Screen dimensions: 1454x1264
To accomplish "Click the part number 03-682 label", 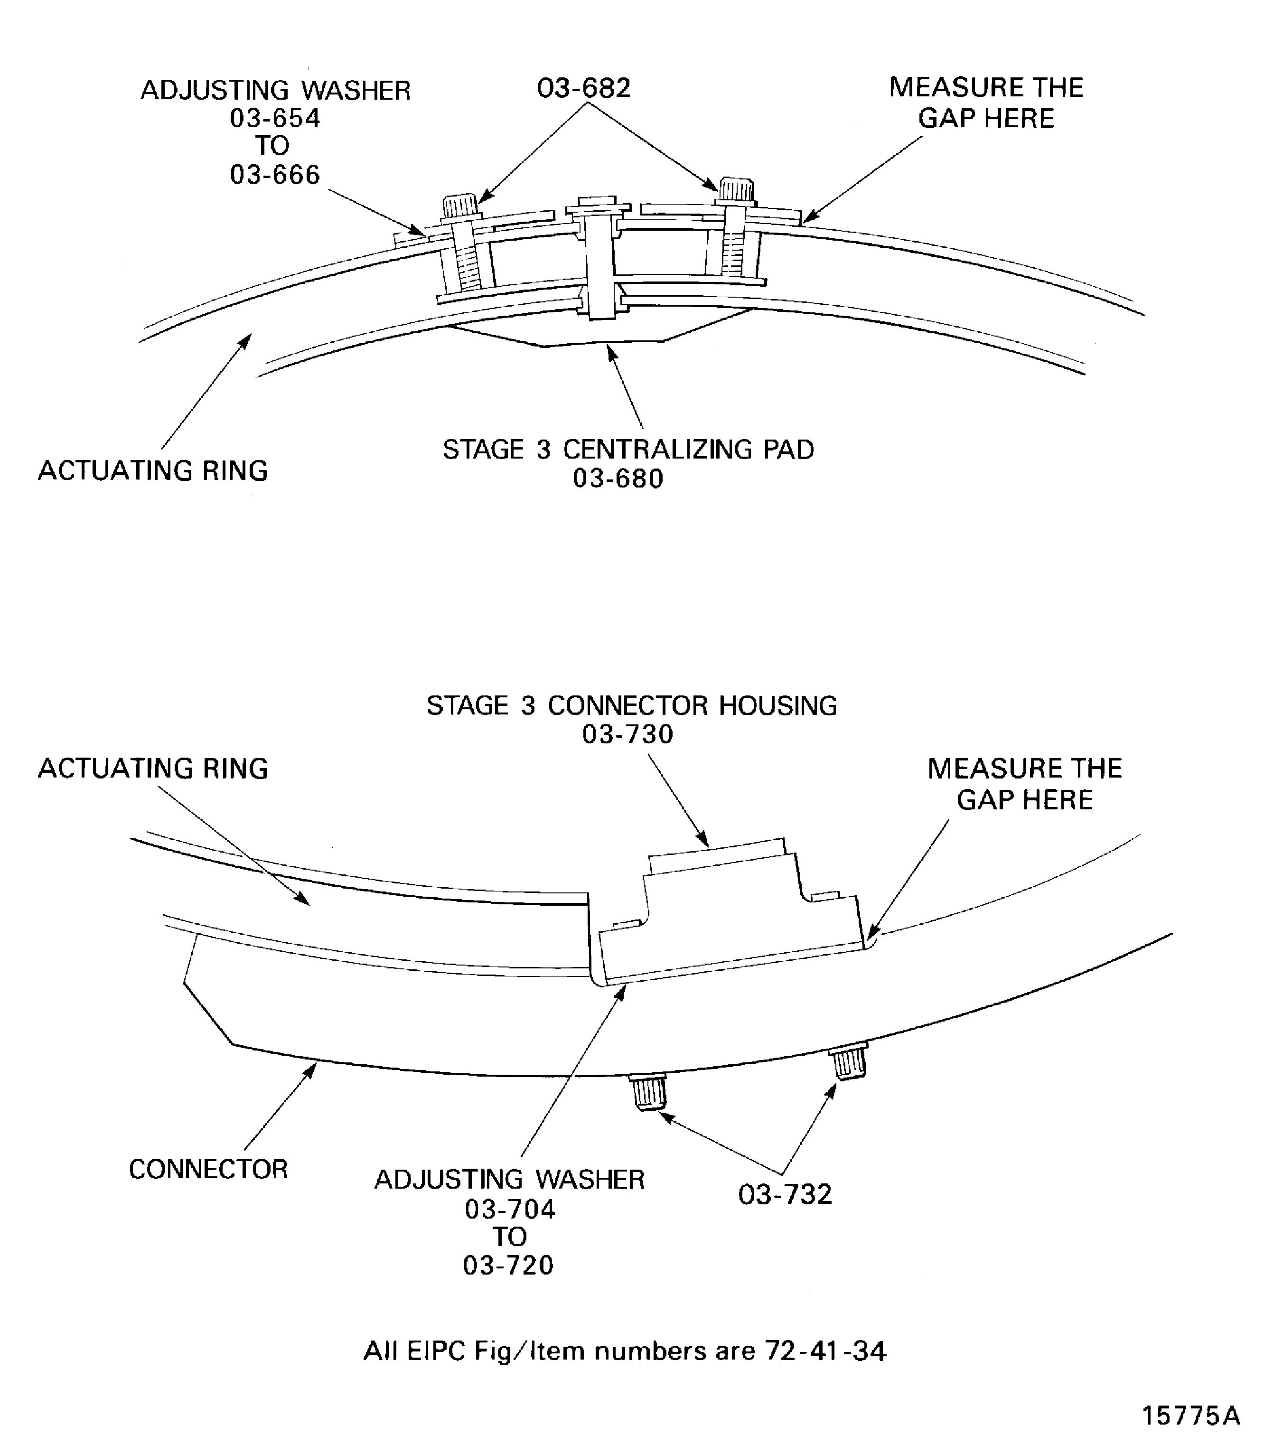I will tap(583, 88).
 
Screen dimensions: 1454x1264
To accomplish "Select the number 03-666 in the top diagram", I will tap(275, 174).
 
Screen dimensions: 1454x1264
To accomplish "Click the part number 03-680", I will tap(618, 479).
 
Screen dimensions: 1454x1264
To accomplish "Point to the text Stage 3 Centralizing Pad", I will tap(628, 450).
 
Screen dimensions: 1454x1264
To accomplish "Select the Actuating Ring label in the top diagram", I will tap(153, 470).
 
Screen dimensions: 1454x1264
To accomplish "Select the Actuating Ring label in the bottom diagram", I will tap(153, 768).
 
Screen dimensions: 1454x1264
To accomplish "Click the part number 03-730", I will tap(627, 734).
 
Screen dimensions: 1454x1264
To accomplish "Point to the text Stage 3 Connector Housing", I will tap(631, 705).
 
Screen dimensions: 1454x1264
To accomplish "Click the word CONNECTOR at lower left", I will tap(208, 1170).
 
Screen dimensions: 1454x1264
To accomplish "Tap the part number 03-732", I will tap(785, 1194).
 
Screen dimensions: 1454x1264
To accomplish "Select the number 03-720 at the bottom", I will tap(508, 1265).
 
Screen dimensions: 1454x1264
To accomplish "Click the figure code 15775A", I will tap(1190, 1415).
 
